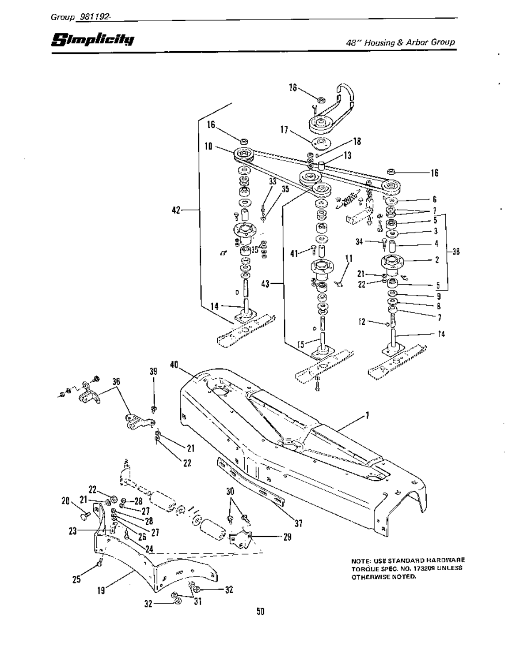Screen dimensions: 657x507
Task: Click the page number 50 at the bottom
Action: click(261, 611)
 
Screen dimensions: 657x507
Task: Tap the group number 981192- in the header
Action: click(92, 17)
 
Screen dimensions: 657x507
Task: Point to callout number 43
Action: click(266, 284)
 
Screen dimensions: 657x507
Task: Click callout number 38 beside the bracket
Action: click(456, 251)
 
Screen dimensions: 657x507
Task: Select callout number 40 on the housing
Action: click(174, 364)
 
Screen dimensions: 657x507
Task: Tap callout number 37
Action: click(298, 523)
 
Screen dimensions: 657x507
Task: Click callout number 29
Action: click(287, 537)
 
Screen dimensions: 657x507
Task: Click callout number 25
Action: click(76, 579)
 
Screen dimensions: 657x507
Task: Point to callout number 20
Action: click(65, 501)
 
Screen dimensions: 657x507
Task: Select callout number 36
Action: click(116, 381)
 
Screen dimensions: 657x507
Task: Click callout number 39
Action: click(154, 371)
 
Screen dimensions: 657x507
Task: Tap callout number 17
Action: click(284, 130)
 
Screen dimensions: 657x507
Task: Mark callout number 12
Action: click(362, 321)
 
